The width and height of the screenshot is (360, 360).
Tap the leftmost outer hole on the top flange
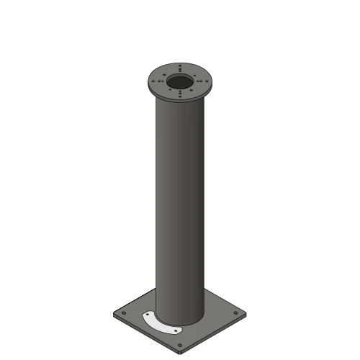(153, 81)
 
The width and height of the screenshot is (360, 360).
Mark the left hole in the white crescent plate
(148, 315)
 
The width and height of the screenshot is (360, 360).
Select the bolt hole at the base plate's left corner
(124, 313)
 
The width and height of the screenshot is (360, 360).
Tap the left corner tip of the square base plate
(112, 315)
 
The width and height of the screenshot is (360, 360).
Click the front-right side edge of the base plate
(216, 334)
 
